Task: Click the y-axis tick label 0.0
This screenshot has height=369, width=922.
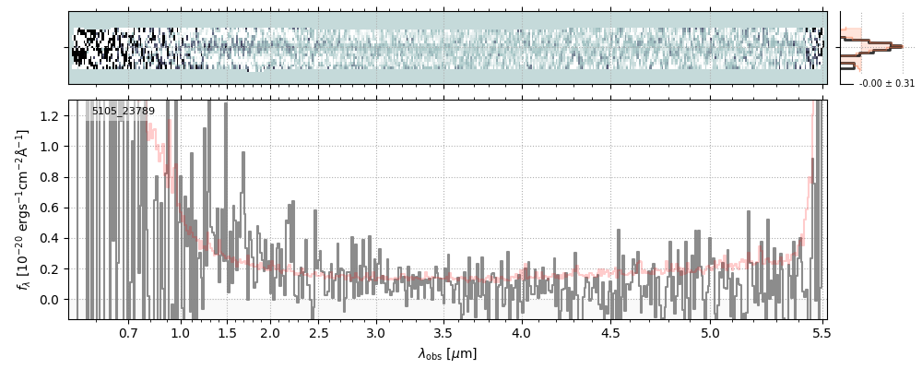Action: pyautogui.click(x=53, y=300)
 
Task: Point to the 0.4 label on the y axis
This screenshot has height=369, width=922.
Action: pyautogui.click(x=53, y=238)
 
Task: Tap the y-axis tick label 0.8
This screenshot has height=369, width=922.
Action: pyautogui.click(x=53, y=177)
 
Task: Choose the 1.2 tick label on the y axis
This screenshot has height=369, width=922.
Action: pyautogui.click(x=53, y=115)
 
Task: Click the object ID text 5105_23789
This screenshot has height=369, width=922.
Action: pyautogui.click(x=124, y=112)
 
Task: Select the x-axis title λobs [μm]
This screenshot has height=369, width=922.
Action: pyautogui.click(x=447, y=353)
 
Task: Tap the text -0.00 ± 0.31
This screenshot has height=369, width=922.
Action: pyautogui.click(x=886, y=83)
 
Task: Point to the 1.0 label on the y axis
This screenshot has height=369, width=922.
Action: pyautogui.click(x=53, y=147)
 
